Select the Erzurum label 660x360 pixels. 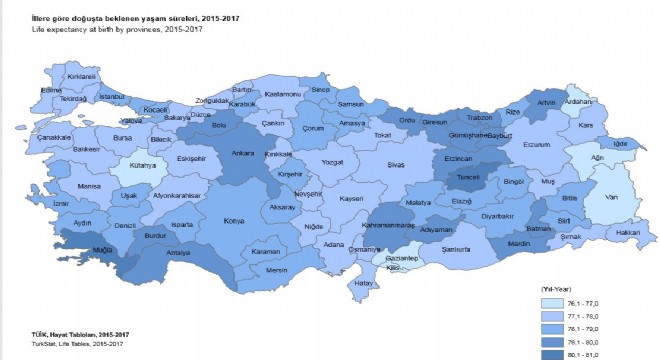click(x=538, y=144)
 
